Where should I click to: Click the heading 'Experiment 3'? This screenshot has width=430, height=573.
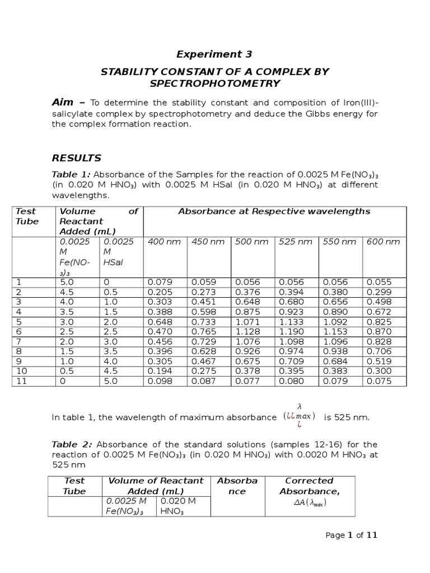pyautogui.click(x=214, y=54)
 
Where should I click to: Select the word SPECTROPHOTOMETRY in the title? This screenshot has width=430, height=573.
pyautogui.click(x=214, y=83)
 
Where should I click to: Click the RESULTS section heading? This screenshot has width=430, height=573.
pyautogui.click(x=77, y=158)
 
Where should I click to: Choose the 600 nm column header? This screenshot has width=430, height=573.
pyautogui.click(x=383, y=242)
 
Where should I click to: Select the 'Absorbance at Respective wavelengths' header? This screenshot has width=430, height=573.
pyautogui.click(x=274, y=212)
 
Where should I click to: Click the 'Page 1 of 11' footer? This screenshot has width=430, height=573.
pyautogui.click(x=352, y=536)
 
